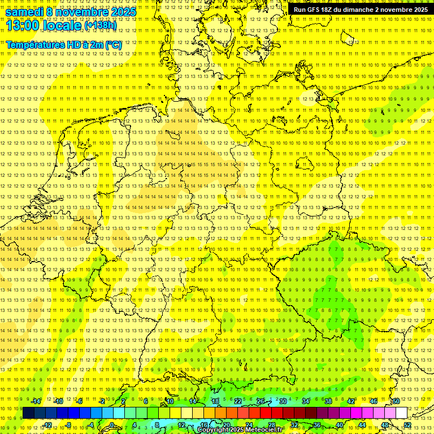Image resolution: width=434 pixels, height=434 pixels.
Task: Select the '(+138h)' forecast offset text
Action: click(x=100, y=26)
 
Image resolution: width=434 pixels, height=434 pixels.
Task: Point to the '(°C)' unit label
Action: click(x=112, y=45)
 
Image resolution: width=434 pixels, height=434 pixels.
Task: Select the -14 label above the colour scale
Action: click(x=36, y=401)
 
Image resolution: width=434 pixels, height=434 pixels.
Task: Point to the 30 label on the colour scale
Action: click(x=283, y=401)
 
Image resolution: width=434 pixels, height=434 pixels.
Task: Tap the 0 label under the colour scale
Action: click(x=112, y=425)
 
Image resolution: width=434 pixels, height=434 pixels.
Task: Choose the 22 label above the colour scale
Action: click(x=238, y=401)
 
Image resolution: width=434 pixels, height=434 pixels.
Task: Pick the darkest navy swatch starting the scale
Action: click(x=28, y=413)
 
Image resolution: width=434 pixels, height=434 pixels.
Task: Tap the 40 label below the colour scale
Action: click(x=340, y=425)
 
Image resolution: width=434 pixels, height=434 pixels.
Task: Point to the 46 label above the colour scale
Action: click(x=374, y=401)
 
